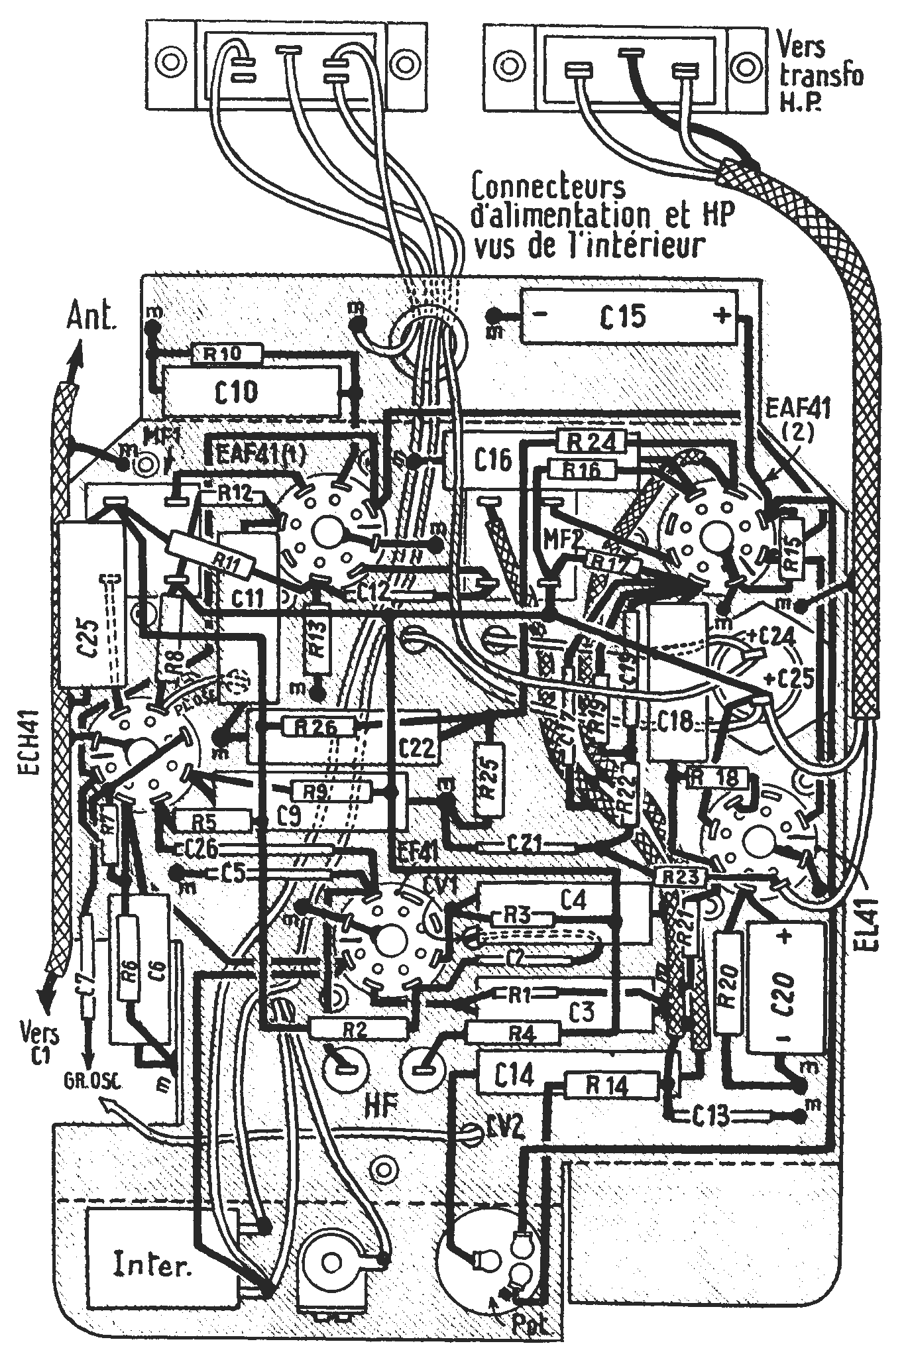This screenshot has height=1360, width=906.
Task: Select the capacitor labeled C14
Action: (514, 1075)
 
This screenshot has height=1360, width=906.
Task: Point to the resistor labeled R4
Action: (513, 1032)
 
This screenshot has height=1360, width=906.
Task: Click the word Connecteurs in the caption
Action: (547, 188)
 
